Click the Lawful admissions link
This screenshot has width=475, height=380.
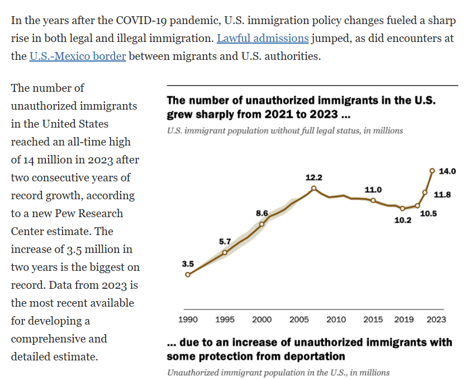pos(262,39)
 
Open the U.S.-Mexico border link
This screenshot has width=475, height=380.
pos(77,57)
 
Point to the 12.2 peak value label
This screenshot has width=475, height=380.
pos(314,177)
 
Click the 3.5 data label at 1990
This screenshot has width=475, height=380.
pos(188,263)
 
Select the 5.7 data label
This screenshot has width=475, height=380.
pos(225,241)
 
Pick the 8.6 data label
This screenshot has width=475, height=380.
pos(262,213)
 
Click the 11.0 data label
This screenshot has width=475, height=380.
pos(373,190)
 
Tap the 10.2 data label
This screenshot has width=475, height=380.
pos(403,220)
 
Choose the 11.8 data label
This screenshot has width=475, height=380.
pos(443,195)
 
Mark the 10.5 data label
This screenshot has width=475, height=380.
pos(429,213)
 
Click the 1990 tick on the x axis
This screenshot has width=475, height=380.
pos(188,320)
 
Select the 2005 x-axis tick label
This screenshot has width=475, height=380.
pos(299,320)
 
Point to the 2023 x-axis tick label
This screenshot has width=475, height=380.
pos(436,320)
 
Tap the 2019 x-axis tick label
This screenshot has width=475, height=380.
pos(403,320)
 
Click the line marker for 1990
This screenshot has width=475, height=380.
pos(188,274)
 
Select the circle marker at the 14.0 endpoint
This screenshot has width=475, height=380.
pos(432,171)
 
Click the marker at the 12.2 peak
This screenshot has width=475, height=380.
pos(314,189)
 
